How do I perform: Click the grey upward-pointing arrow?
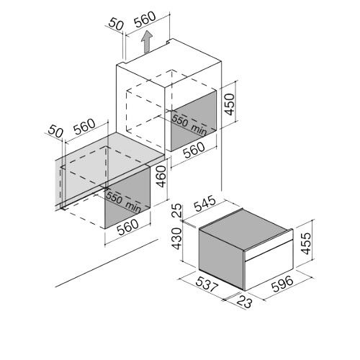point(147,42)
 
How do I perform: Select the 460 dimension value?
point(161,177)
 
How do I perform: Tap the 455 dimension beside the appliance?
point(306,243)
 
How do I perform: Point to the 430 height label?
point(178,239)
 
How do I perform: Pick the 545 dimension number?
point(204,204)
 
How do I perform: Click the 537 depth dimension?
point(207,284)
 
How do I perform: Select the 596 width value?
point(282,284)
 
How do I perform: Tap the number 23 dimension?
point(245,302)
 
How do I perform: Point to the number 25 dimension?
point(178,210)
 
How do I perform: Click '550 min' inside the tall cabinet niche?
point(189,125)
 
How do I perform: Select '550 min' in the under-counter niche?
point(124,202)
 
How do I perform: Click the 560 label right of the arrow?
point(145,19)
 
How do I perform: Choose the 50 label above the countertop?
point(55,132)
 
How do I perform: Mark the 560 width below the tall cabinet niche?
point(194,150)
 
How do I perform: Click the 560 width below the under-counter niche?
point(128,227)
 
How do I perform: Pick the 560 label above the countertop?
point(84,127)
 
